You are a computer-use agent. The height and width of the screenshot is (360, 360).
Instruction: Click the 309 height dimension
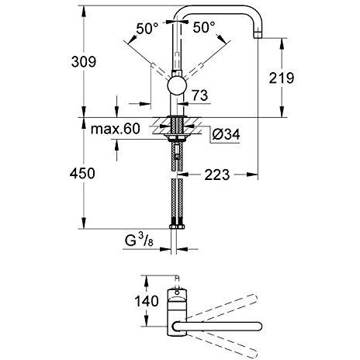[84, 62]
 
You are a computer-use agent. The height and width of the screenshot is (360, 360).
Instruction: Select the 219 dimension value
[282, 78]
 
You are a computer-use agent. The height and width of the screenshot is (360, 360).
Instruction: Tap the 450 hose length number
[82, 173]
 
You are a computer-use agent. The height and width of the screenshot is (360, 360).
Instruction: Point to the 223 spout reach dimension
[217, 175]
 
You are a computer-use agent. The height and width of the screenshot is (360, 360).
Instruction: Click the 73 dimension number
[199, 95]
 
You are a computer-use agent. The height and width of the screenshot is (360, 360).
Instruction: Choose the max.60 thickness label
[116, 129]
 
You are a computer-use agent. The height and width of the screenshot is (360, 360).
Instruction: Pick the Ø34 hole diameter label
[226, 134]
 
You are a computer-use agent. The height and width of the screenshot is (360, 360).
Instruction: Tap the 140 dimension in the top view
[147, 301]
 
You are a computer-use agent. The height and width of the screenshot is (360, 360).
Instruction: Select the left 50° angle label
[147, 28]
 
